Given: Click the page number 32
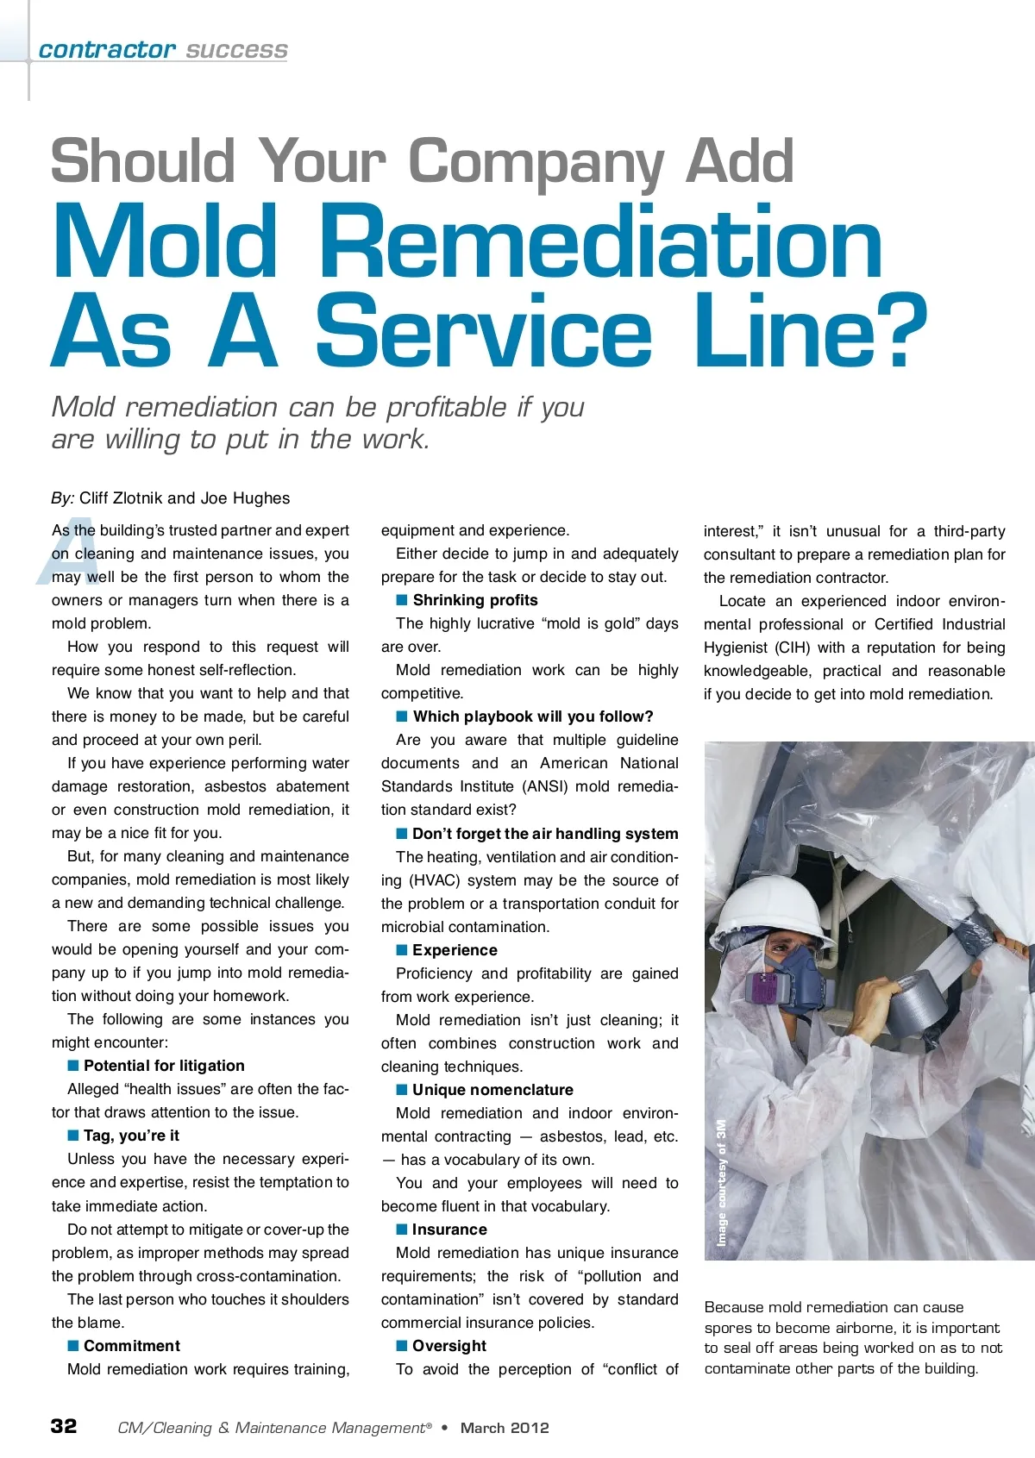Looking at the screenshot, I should [64, 1425].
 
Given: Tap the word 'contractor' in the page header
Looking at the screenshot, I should [107, 50].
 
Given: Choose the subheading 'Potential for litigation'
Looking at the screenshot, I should [164, 1066].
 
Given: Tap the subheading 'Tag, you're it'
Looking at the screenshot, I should [131, 1136].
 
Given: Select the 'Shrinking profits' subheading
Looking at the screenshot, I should [475, 600].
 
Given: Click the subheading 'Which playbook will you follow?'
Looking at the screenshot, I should [533, 716].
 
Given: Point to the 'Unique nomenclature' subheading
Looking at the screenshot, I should [492, 1090].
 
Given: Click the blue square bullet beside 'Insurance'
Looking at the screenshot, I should [402, 1229].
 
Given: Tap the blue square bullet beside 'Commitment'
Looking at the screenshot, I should [73, 1345].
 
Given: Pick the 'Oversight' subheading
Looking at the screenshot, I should [449, 1346].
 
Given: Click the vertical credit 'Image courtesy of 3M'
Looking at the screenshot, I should [722, 1182].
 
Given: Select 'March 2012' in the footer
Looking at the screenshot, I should [505, 1428].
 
